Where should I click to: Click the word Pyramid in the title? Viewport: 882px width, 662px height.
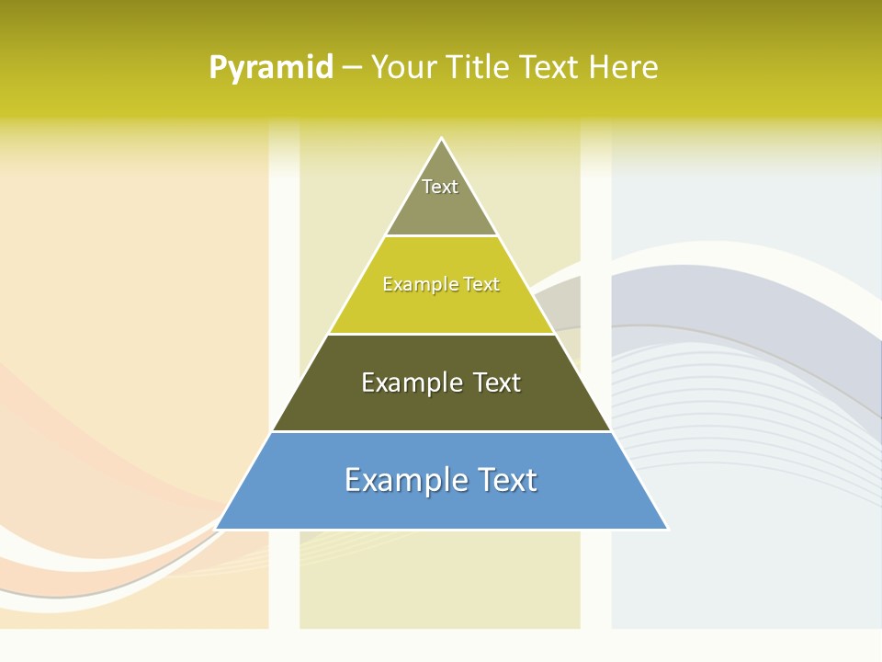point(271,68)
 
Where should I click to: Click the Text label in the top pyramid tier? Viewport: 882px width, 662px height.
point(440,187)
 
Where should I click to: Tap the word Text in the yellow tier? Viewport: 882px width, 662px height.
point(481,285)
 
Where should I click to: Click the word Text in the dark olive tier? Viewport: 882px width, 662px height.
point(496,382)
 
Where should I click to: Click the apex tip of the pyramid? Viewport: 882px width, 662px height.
point(441,139)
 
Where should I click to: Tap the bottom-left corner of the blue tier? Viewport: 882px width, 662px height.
point(218,528)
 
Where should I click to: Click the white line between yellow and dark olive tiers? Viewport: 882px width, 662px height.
point(441,334)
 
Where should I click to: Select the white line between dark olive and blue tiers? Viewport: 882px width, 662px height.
point(441,431)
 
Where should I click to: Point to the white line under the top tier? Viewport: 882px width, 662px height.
point(441,236)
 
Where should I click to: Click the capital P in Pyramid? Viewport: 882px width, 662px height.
point(217,68)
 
